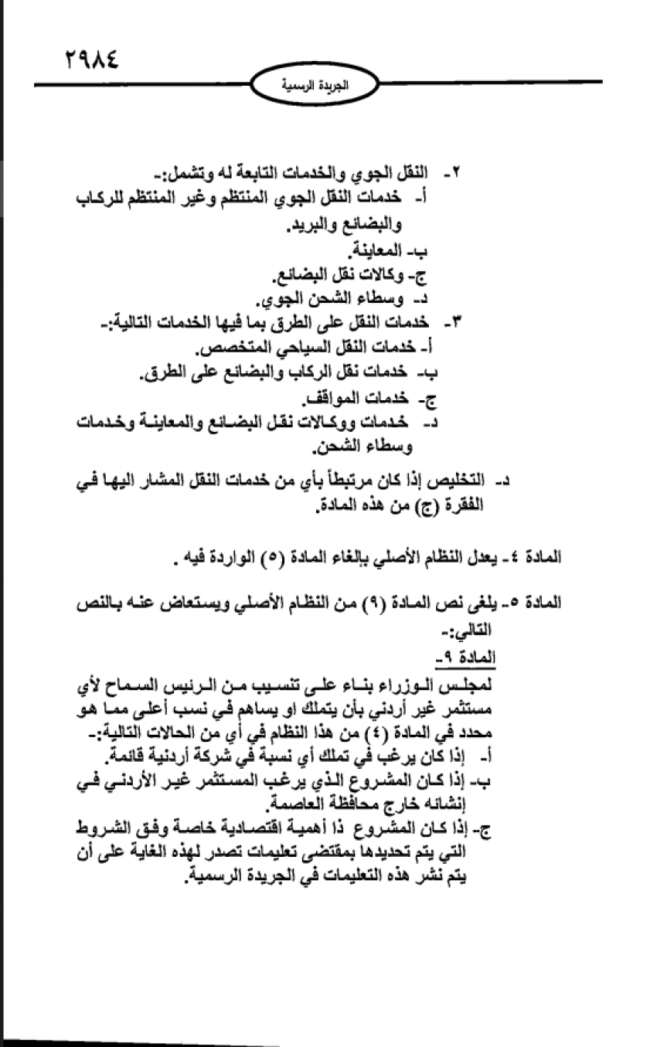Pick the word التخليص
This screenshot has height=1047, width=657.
click(471, 481)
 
